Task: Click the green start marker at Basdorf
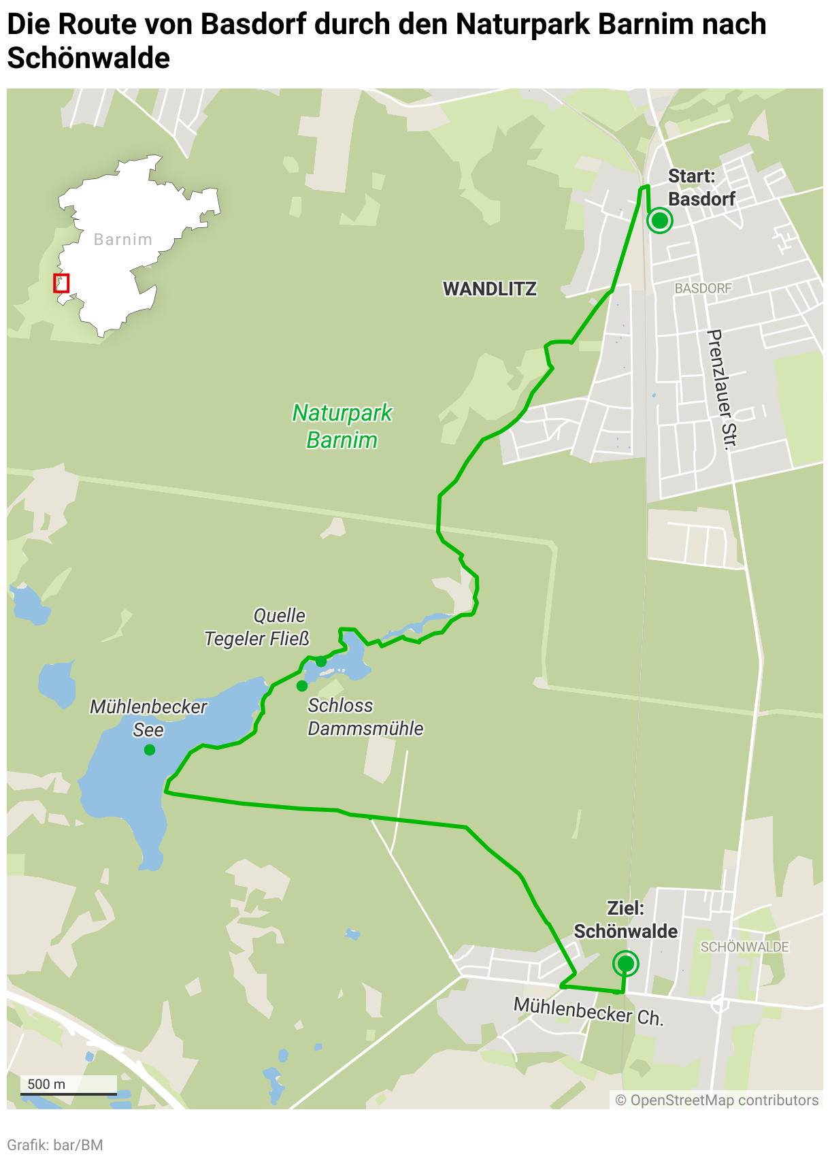point(659,220)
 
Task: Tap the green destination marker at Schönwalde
point(625,964)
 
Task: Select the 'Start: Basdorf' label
point(701,188)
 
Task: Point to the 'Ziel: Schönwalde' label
point(625,920)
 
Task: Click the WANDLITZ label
point(490,289)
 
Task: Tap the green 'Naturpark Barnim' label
point(342,427)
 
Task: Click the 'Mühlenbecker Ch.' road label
point(588,1011)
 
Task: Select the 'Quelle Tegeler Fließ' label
point(258,627)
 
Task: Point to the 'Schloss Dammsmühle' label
point(365,717)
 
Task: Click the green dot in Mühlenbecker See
point(150,750)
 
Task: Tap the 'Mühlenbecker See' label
point(148,718)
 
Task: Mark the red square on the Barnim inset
point(61,283)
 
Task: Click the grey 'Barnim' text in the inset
point(122,240)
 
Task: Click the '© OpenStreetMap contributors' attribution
point(716,1100)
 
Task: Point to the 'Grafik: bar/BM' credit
point(55,1145)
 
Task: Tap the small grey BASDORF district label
point(703,289)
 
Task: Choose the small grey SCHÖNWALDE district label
point(744,947)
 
